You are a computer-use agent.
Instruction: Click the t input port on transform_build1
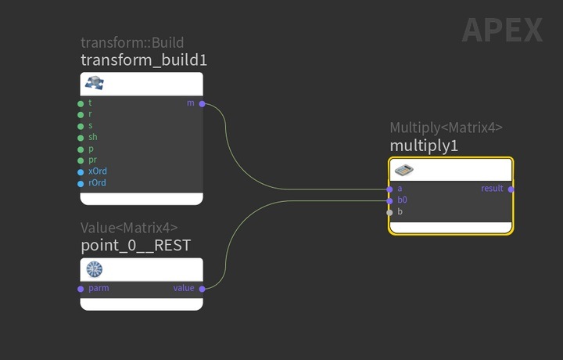point(81,104)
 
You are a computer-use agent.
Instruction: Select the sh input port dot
point(81,138)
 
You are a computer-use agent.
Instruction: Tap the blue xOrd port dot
point(81,172)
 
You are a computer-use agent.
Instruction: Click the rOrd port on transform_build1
point(81,184)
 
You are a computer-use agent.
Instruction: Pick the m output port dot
point(203,104)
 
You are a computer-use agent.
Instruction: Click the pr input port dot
point(81,160)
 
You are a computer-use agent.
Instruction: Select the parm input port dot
point(81,289)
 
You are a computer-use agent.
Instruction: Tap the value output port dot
point(203,289)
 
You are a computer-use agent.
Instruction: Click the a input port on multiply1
point(389,189)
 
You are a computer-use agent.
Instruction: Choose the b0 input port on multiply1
point(389,201)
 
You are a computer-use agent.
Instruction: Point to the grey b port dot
point(389,213)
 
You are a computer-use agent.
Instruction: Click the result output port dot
point(511,189)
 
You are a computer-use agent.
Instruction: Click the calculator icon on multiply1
point(404,170)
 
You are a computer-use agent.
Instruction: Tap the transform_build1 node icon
point(95,83)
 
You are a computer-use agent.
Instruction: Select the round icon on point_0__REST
point(95,269)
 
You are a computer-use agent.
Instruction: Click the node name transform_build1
point(144,60)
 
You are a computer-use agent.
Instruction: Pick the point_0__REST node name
point(136,246)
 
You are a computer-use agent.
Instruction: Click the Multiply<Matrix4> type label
point(446,128)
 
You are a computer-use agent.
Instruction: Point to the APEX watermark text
point(502,31)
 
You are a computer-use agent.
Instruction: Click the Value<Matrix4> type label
point(129,228)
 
